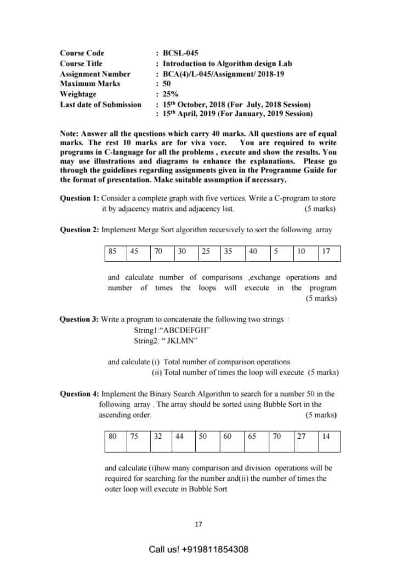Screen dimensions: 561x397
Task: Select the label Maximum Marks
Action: click(x=90, y=84)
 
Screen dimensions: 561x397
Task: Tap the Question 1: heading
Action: click(x=80, y=198)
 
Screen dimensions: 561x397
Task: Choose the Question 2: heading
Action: click(x=80, y=230)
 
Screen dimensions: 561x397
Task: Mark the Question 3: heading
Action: click(x=80, y=319)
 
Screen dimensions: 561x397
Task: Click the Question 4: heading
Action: click(x=80, y=394)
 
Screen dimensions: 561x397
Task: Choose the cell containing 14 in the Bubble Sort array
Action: click(x=330, y=438)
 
